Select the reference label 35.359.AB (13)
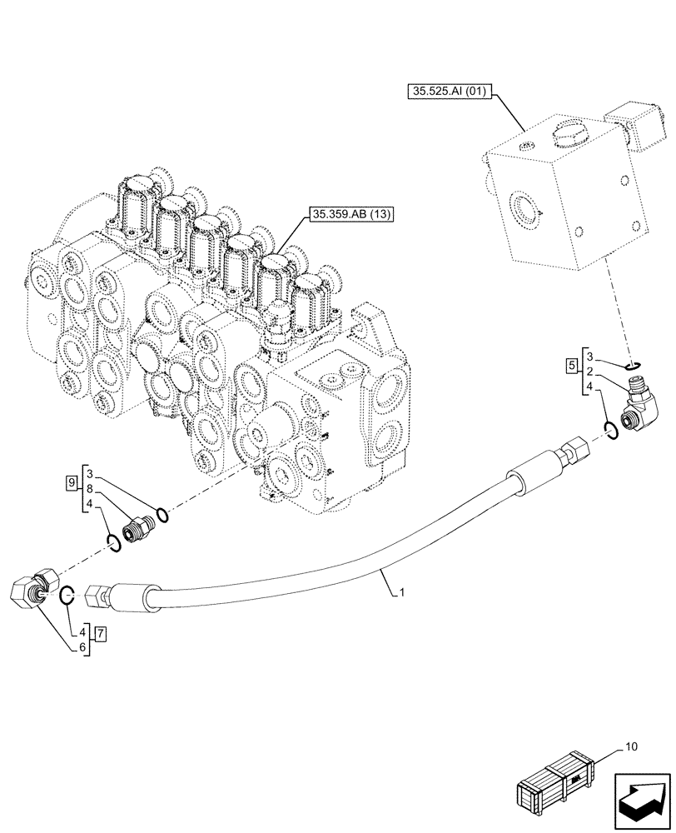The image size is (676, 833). click(349, 213)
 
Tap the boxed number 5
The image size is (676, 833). click(570, 364)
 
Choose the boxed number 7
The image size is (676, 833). click(101, 634)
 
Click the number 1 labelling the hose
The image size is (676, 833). click(401, 593)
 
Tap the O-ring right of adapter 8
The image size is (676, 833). click(162, 516)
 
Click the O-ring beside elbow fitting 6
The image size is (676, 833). click(69, 595)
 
